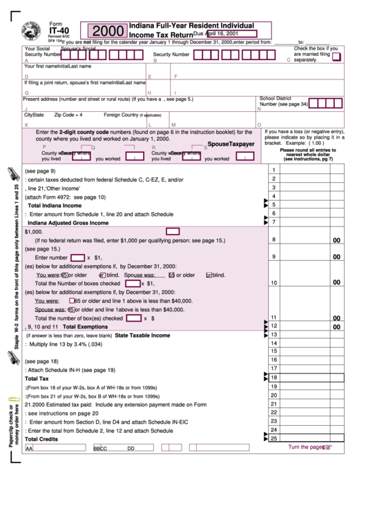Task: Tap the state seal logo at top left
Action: (31, 32)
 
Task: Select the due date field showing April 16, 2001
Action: (231, 33)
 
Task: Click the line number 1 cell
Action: (274, 170)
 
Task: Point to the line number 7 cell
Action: (274, 222)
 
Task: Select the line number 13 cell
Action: (274, 334)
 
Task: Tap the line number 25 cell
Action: (274, 438)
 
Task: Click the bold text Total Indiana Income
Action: (55, 206)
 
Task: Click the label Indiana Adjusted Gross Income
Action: (68, 223)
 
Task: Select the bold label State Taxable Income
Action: (142, 335)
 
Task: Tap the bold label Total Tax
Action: (37, 379)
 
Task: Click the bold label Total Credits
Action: (41, 439)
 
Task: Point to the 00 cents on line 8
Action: (337, 240)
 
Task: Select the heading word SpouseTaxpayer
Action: (231, 144)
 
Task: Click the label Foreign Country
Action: (121, 115)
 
